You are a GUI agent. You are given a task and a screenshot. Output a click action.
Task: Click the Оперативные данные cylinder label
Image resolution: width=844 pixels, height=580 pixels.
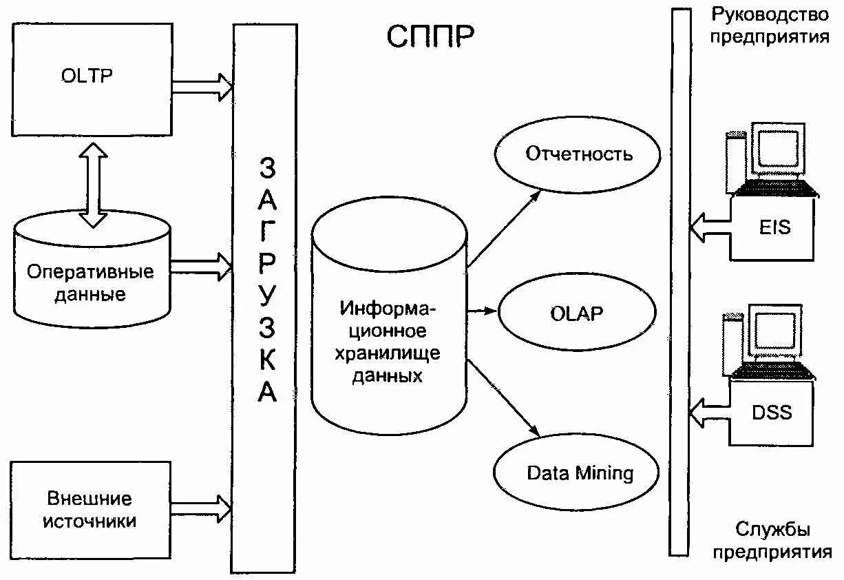(90, 283)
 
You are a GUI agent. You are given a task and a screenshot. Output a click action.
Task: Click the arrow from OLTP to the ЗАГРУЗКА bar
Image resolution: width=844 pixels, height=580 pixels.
(202, 86)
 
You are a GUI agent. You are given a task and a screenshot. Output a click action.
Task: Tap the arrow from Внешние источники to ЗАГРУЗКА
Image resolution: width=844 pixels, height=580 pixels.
(202, 508)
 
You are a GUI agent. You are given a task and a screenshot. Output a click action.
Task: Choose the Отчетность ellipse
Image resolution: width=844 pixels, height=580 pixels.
(578, 153)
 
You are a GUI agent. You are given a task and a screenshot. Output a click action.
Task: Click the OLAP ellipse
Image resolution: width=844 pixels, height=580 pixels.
(577, 313)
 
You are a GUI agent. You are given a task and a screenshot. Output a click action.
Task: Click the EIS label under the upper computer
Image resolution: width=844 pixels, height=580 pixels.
(776, 227)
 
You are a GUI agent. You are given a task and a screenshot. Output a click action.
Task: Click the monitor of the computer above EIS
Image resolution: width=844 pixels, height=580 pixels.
(778, 149)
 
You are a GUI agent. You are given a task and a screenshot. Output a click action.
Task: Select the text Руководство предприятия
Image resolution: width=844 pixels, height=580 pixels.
(770, 25)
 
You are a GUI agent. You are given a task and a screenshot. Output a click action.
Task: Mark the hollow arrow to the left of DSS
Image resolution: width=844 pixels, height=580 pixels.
(709, 413)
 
